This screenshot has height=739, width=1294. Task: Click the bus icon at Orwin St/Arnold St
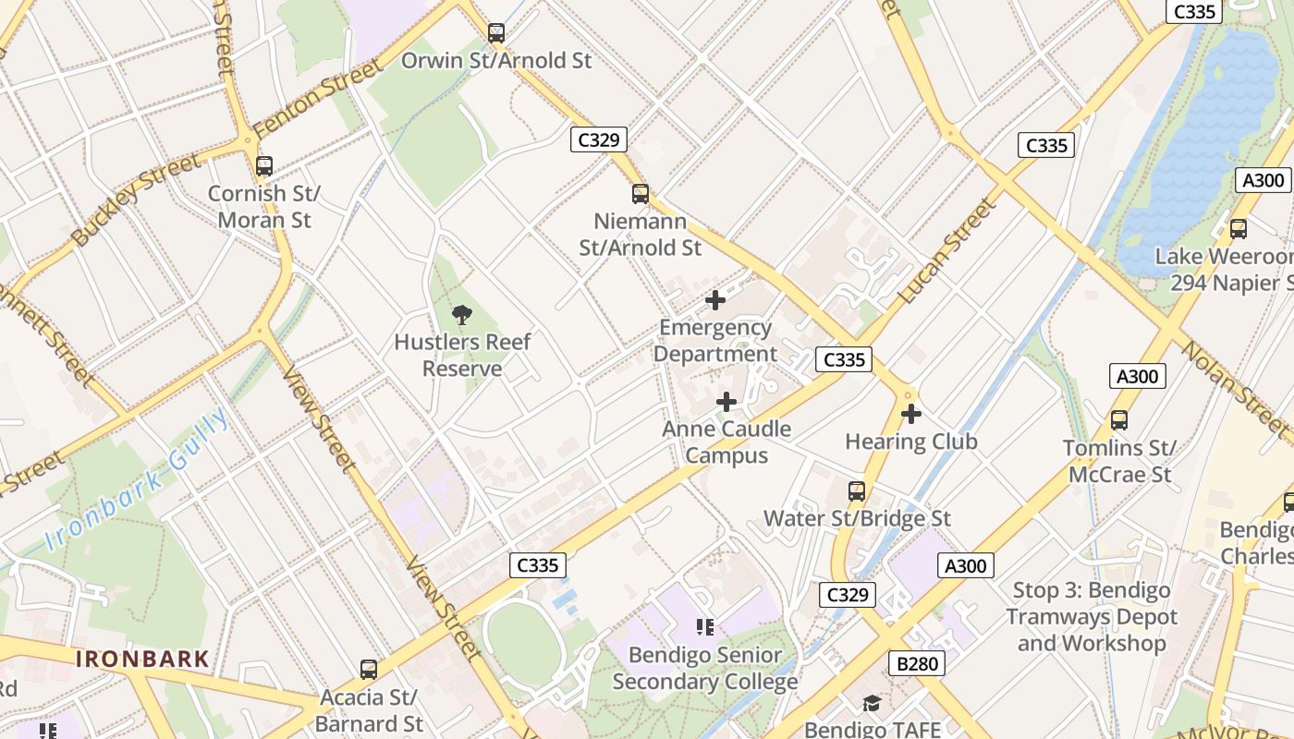(x=496, y=33)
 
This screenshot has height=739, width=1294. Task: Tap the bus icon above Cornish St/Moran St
(x=264, y=166)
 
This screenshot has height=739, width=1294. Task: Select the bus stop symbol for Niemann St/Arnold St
(x=641, y=194)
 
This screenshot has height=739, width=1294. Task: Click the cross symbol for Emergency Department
(x=715, y=300)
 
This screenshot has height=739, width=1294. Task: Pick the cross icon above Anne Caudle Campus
(x=726, y=402)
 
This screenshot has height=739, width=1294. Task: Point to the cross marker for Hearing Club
(x=911, y=414)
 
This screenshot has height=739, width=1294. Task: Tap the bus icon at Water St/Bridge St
(x=857, y=491)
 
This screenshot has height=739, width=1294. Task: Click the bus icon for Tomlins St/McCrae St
(x=1119, y=420)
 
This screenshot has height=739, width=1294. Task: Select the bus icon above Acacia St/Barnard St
(x=369, y=670)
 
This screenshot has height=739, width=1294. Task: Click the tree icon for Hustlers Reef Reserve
(x=462, y=315)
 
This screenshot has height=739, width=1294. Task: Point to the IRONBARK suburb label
(x=142, y=660)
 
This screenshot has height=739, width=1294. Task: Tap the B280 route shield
(x=916, y=663)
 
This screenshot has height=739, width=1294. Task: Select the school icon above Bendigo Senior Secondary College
(x=705, y=628)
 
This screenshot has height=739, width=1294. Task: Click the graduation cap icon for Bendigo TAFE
(x=872, y=704)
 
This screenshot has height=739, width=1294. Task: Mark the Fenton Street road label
(x=317, y=97)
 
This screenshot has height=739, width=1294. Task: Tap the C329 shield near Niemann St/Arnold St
(x=598, y=139)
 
